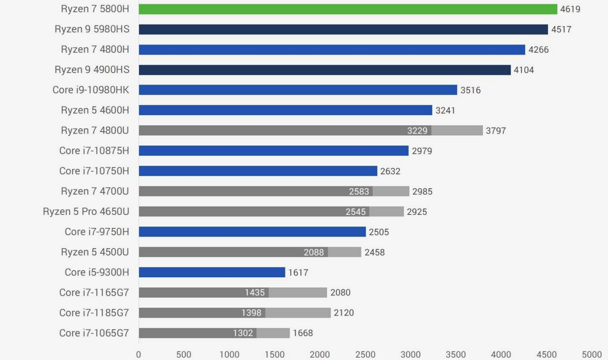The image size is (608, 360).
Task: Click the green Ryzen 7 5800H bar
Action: point(348,9)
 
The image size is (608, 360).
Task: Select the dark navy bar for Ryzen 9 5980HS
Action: point(343,29)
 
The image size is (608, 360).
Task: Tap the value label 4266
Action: point(539,50)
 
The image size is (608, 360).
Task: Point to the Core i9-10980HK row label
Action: point(91,90)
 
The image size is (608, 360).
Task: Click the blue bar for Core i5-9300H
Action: point(212,272)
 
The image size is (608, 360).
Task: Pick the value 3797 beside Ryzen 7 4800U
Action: point(496,131)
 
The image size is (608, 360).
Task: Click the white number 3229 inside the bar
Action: point(417,131)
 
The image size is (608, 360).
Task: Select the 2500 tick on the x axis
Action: point(366,354)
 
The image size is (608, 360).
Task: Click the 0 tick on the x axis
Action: point(139,354)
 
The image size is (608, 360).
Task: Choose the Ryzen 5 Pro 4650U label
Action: point(86,212)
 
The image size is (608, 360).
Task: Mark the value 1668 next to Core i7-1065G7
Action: point(303,333)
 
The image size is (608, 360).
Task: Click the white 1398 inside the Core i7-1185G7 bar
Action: point(251,313)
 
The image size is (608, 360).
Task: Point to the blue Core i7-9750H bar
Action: point(252,232)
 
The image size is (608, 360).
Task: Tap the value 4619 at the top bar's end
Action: point(570,9)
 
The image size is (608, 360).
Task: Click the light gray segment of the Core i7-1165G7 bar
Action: point(298,293)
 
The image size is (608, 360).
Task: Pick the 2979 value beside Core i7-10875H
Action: point(422,151)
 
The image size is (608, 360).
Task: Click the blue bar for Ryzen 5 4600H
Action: point(285,110)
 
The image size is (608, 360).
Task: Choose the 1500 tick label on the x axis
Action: point(275,354)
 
